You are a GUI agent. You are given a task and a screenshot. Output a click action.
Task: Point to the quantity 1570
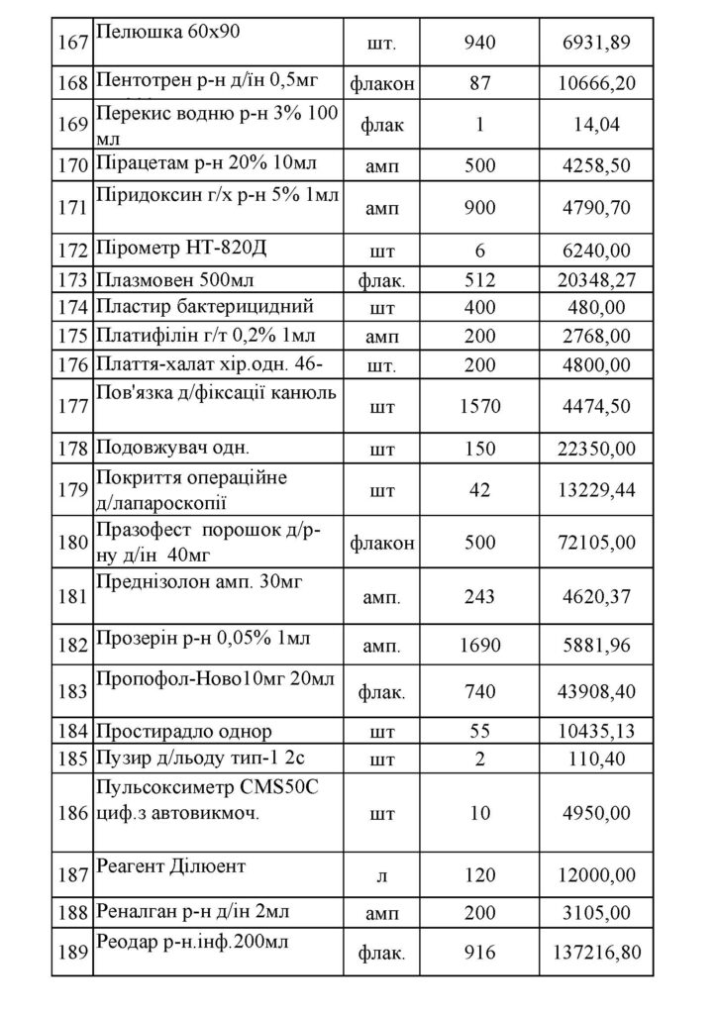481,405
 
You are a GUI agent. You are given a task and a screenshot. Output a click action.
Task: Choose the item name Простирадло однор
183,732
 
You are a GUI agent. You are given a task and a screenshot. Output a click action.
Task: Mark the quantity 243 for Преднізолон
481,597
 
